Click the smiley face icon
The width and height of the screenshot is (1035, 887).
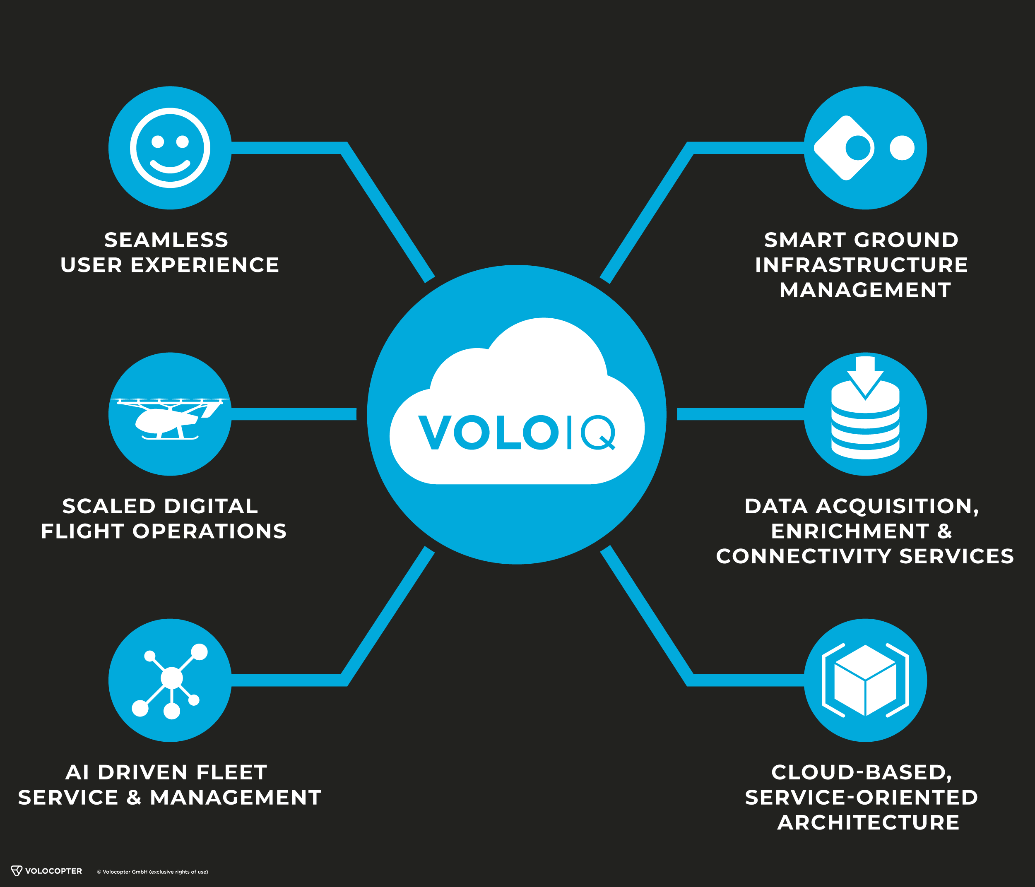170,148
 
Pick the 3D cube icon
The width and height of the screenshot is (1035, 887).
865,680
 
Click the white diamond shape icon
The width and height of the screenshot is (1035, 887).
844,148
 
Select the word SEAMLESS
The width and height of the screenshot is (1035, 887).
166,240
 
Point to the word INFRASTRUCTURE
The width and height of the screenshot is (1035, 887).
861,265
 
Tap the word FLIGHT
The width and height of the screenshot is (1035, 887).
82,531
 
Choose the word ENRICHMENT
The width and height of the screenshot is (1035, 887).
850,531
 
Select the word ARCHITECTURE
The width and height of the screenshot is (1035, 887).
868,822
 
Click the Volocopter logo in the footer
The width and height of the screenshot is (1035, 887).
46,871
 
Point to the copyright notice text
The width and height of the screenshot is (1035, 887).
152,872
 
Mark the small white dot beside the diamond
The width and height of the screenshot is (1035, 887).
902,148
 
